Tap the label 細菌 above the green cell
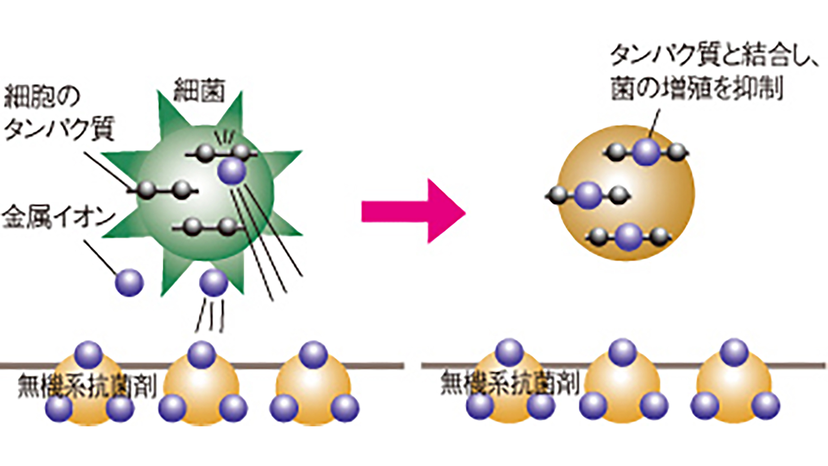(199, 90)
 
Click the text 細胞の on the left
(42, 98)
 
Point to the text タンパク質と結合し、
(714, 57)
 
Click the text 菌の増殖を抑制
(697, 90)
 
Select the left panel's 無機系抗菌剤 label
(86, 385)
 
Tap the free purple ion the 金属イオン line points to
(129, 283)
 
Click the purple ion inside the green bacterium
(232, 171)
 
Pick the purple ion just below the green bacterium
(213, 282)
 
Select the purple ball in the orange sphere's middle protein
(587, 196)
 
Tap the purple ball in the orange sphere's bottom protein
(629, 237)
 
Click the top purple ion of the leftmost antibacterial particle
(88, 354)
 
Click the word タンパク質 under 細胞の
(59, 129)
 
